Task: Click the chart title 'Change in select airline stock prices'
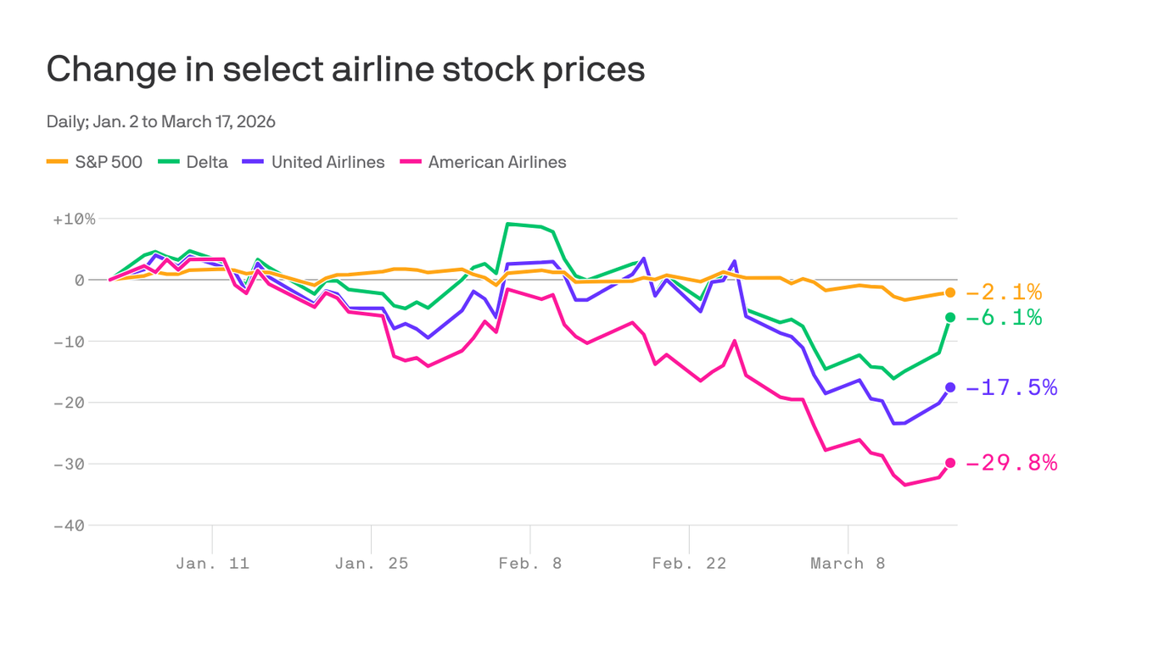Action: tap(345, 70)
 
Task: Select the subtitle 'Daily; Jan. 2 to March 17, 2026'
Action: tap(161, 121)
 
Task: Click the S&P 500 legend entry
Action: tap(94, 162)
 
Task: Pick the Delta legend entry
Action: tap(193, 162)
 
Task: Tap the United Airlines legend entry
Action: tap(313, 162)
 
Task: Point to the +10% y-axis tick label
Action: tap(74, 219)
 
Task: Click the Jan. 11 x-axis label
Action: tap(212, 564)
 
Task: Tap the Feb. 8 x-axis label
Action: tap(529, 564)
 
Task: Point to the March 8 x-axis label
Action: tap(848, 564)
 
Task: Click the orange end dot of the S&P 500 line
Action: tap(950, 292)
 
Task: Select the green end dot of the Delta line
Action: tap(950, 317)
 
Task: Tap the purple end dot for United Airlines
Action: tap(950, 387)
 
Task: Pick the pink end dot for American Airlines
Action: tap(950, 463)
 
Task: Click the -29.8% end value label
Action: tap(1011, 463)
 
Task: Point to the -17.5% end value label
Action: tap(1011, 387)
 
